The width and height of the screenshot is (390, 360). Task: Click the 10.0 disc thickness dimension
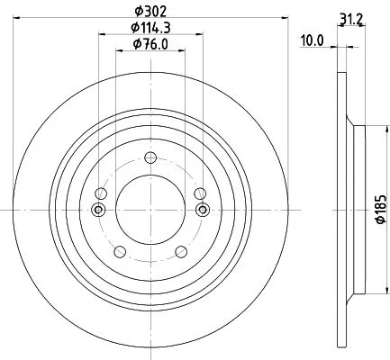[311, 39]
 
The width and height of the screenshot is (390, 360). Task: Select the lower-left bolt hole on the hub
[118, 252]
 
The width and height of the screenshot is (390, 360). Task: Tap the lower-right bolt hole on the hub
[181, 252]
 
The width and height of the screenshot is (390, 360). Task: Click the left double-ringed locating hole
[98, 210]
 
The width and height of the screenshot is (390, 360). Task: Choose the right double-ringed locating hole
[201, 210]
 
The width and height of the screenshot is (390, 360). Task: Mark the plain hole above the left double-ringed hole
[101, 194]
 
